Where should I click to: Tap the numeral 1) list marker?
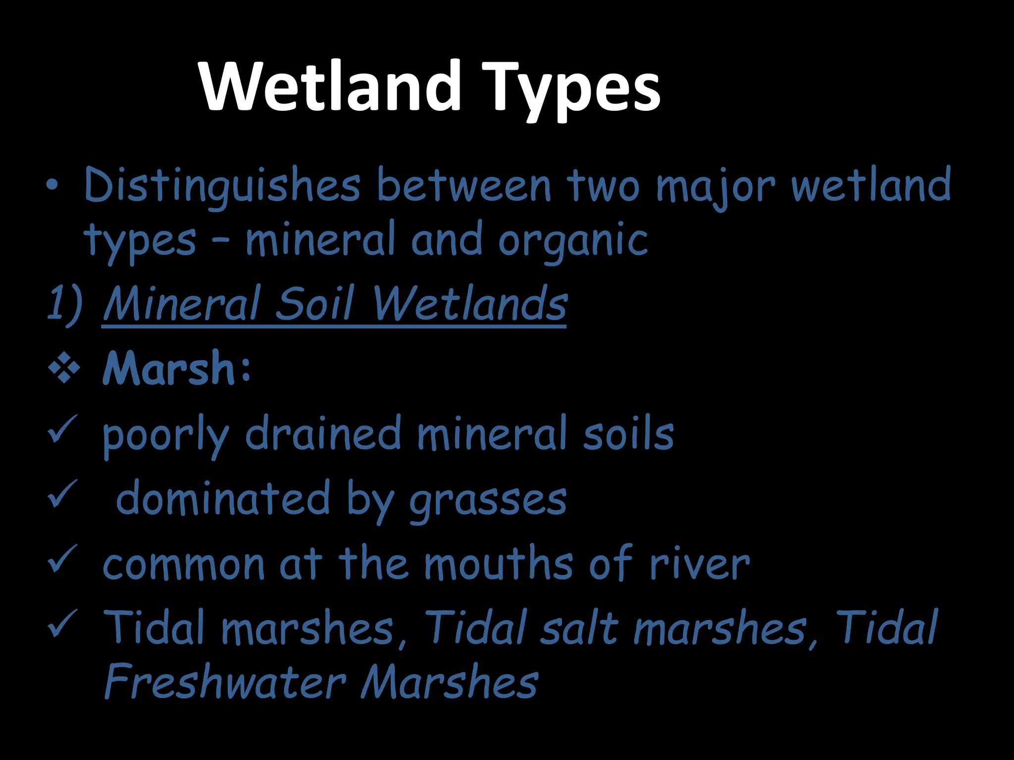pos(64,303)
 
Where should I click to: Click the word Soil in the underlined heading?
pos(314,303)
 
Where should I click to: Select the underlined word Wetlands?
pos(469,303)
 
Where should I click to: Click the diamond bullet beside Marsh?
pos(64,369)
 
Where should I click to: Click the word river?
pos(699,565)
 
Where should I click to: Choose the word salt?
pos(579,627)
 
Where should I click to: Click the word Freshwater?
pos(225,682)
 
